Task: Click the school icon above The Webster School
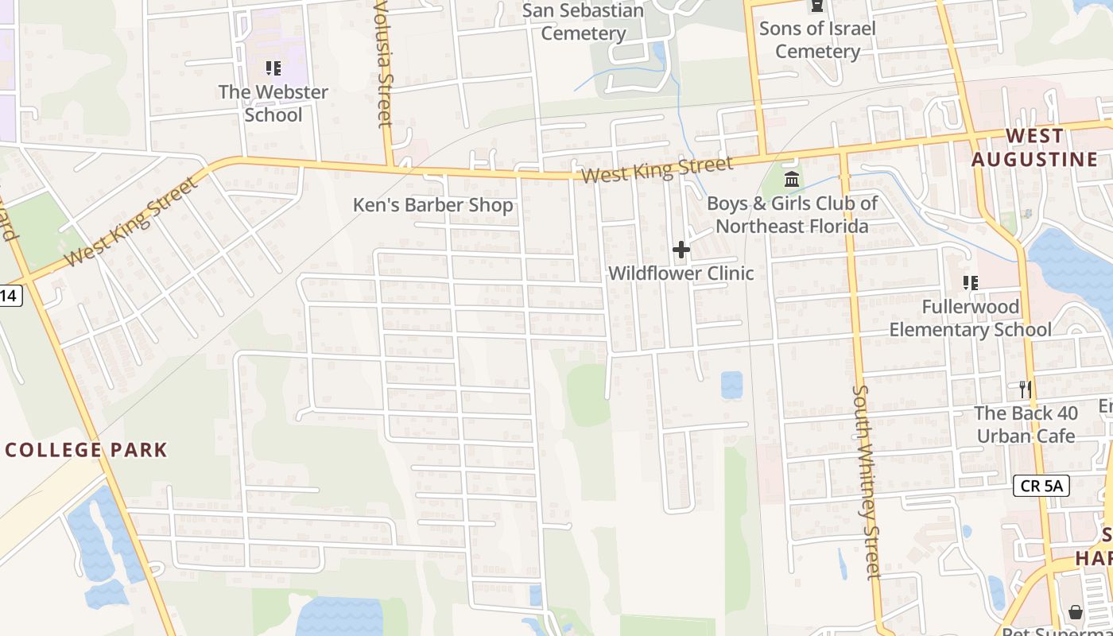[273, 68]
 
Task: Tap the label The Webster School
[273, 103]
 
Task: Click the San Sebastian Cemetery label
[583, 22]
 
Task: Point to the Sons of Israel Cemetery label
[817, 40]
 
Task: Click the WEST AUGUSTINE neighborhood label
[1034, 148]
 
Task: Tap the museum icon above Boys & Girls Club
[791, 179]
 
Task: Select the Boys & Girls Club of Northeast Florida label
[792, 215]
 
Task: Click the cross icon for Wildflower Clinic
[681, 250]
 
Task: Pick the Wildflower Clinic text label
[681, 273]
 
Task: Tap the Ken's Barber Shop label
[433, 205]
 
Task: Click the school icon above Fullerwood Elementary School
[970, 282]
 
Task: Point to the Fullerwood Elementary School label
[970, 318]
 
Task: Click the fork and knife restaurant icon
[1026, 389]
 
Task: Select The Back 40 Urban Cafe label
[1026, 425]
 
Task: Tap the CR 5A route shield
[1041, 486]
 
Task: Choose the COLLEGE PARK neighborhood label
[86, 450]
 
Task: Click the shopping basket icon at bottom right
[1075, 611]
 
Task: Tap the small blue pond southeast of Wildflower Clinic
[731, 385]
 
